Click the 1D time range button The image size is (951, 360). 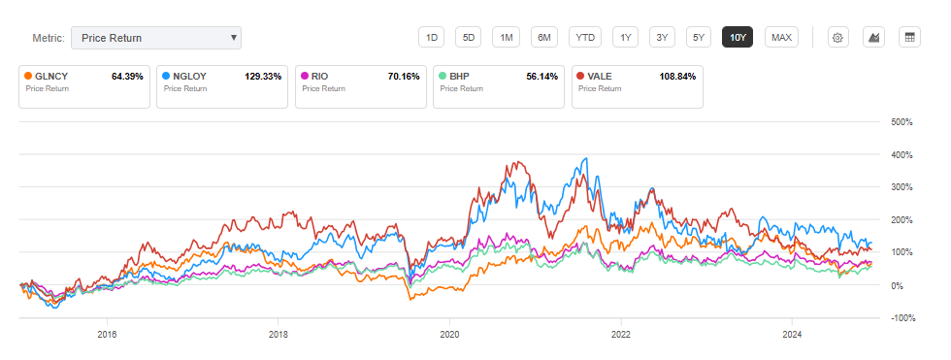pos(432,38)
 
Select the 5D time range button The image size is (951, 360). pos(469,38)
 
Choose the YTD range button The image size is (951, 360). pos(585,38)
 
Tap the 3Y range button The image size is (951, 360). pos(662,38)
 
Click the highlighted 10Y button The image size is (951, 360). pos(738,38)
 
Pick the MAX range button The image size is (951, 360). pos(781,38)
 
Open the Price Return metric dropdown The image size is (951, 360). pos(155,38)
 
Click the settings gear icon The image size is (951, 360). pos(839,38)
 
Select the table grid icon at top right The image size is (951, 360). pos(909,38)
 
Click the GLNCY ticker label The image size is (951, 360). pos(51,76)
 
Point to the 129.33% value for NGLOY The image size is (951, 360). pos(261,76)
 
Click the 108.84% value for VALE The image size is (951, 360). pos(676,76)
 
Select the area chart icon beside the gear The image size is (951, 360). pos(874,38)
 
